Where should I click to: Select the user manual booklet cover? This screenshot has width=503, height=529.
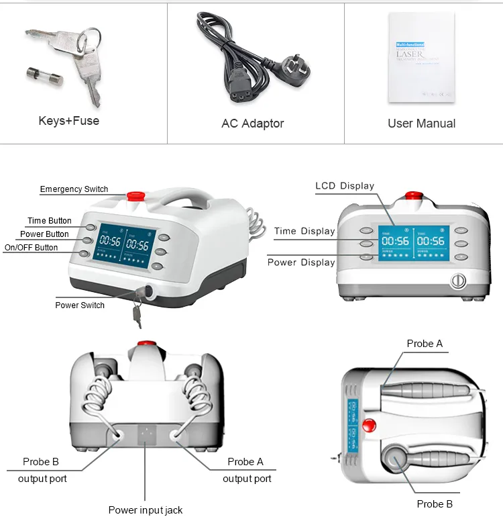click(421, 60)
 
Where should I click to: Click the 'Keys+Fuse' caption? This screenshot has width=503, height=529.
click(69, 122)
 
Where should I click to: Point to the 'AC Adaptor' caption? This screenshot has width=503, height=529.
click(252, 124)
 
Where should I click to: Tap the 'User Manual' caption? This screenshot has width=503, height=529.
click(421, 124)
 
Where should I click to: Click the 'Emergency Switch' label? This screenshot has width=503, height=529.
click(74, 189)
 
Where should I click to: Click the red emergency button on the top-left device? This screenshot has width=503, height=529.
click(136, 195)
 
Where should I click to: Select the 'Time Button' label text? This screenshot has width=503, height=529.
click(49, 221)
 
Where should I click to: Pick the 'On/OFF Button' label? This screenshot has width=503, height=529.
click(31, 248)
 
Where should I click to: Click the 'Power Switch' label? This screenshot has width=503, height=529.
click(80, 305)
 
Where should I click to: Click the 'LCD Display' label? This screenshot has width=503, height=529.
click(345, 186)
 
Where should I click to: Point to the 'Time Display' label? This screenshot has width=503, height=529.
click(304, 232)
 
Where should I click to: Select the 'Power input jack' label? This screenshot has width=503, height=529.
click(146, 510)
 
